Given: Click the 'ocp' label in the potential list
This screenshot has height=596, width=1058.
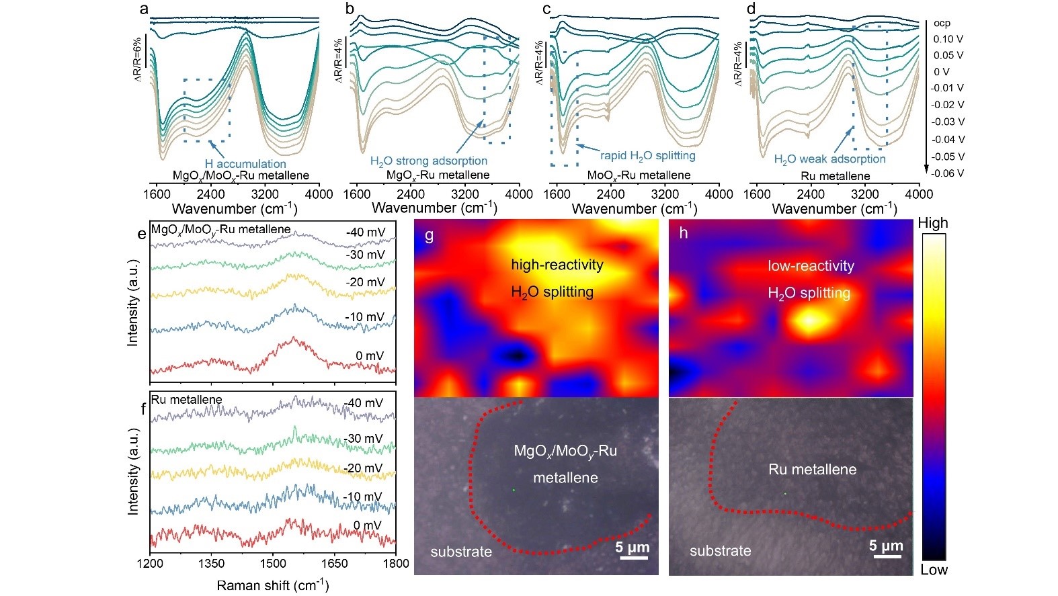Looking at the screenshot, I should point(942,24).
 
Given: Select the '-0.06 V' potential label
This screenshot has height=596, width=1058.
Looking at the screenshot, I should point(948,173).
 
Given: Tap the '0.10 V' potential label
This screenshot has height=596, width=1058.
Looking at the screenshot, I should point(948,40).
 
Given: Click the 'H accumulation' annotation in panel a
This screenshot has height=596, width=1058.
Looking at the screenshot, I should point(245,164).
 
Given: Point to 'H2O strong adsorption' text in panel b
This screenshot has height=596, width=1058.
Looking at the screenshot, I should point(429,161).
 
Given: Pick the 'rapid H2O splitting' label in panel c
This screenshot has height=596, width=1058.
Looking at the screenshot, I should point(647,156).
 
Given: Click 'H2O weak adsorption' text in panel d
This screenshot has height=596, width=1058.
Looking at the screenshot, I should point(829,159).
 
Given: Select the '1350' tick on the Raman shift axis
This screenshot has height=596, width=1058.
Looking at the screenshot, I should point(212,563).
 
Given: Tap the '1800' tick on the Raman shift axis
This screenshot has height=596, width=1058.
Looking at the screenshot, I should point(396,563).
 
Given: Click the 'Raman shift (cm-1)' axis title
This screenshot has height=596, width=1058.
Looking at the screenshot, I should point(272,585).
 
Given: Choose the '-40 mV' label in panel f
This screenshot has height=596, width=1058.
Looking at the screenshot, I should point(364,403).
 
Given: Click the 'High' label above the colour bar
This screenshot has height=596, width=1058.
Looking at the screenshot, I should point(932,223).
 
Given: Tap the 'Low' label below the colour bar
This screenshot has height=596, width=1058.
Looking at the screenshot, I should point(934,570).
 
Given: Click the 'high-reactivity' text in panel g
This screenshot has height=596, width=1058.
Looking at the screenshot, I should point(557,265).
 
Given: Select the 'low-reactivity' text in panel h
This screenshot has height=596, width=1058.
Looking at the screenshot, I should point(811,266).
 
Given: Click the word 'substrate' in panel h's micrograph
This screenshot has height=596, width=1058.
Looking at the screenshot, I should point(720,551).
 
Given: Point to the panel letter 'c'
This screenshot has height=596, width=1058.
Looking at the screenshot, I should point(546,9).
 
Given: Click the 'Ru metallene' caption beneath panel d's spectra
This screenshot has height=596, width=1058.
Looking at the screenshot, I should point(835,176).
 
